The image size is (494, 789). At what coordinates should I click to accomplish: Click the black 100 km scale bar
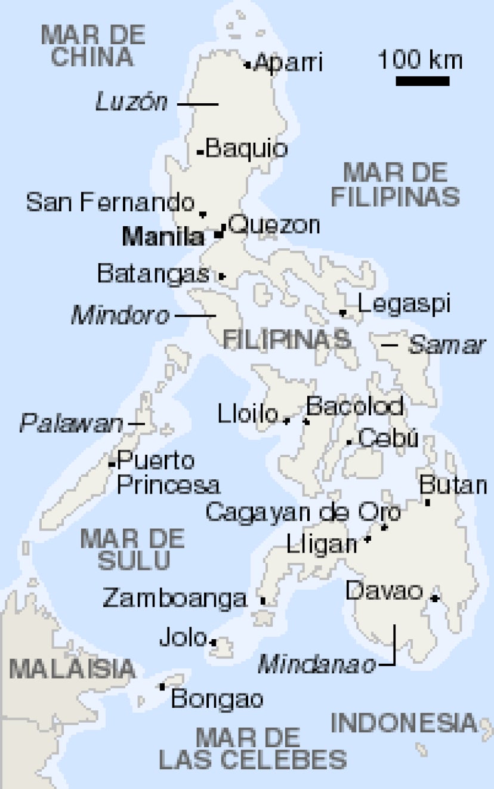422,81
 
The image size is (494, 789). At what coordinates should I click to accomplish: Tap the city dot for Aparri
248,65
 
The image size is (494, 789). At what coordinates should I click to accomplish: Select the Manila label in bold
162,238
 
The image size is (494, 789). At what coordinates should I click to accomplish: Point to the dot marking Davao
435,598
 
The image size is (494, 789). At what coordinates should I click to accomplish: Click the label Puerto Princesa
167,473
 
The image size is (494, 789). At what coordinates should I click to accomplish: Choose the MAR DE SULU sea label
132,549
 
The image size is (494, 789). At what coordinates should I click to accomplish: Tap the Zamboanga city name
174,597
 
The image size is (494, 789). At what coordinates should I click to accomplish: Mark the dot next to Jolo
214,642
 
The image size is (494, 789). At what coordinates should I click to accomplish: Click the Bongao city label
217,698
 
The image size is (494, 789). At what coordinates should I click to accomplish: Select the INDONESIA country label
405,723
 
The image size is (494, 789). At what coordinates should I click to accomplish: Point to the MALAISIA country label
72,668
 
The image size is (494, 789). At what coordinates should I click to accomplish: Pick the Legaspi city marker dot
342,312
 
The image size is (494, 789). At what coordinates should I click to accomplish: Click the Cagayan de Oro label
302,512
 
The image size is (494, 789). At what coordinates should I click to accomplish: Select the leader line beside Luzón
198,104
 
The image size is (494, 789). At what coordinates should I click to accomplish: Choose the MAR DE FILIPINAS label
395,184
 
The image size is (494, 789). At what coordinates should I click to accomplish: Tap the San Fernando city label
110,203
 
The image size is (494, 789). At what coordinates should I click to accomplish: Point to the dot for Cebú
349,442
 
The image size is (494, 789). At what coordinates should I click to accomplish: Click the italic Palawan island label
71,424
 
